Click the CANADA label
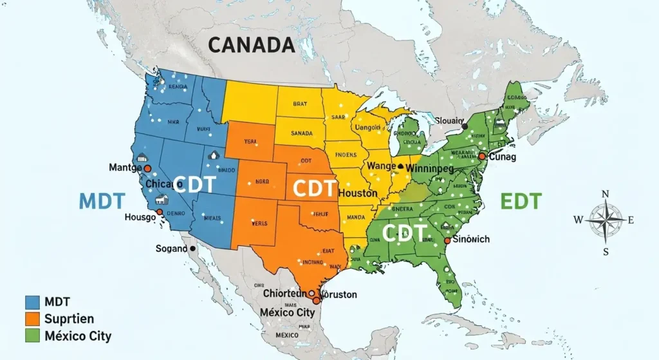(252, 45)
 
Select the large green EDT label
(521, 200)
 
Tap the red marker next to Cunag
(481, 156)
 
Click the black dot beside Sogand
(192, 249)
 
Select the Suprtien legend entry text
(70, 319)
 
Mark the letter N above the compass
(605, 194)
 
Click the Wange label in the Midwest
(381, 166)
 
